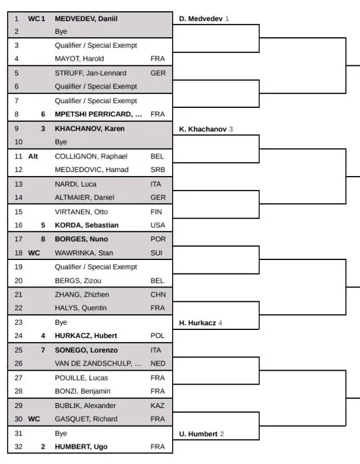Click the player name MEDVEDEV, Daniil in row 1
tap(86, 19)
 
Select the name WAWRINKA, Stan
tap(83, 253)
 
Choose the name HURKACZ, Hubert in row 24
tap(86, 335)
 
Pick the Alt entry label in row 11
tap(33, 156)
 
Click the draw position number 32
tap(17, 447)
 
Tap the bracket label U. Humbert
tap(198, 434)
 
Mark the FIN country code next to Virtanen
tap(157, 212)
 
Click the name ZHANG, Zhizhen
tap(82, 294)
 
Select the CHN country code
tap(158, 294)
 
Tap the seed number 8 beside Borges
tap(43, 239)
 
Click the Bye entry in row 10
tap(61, 142)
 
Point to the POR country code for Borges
tap(158, 239)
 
